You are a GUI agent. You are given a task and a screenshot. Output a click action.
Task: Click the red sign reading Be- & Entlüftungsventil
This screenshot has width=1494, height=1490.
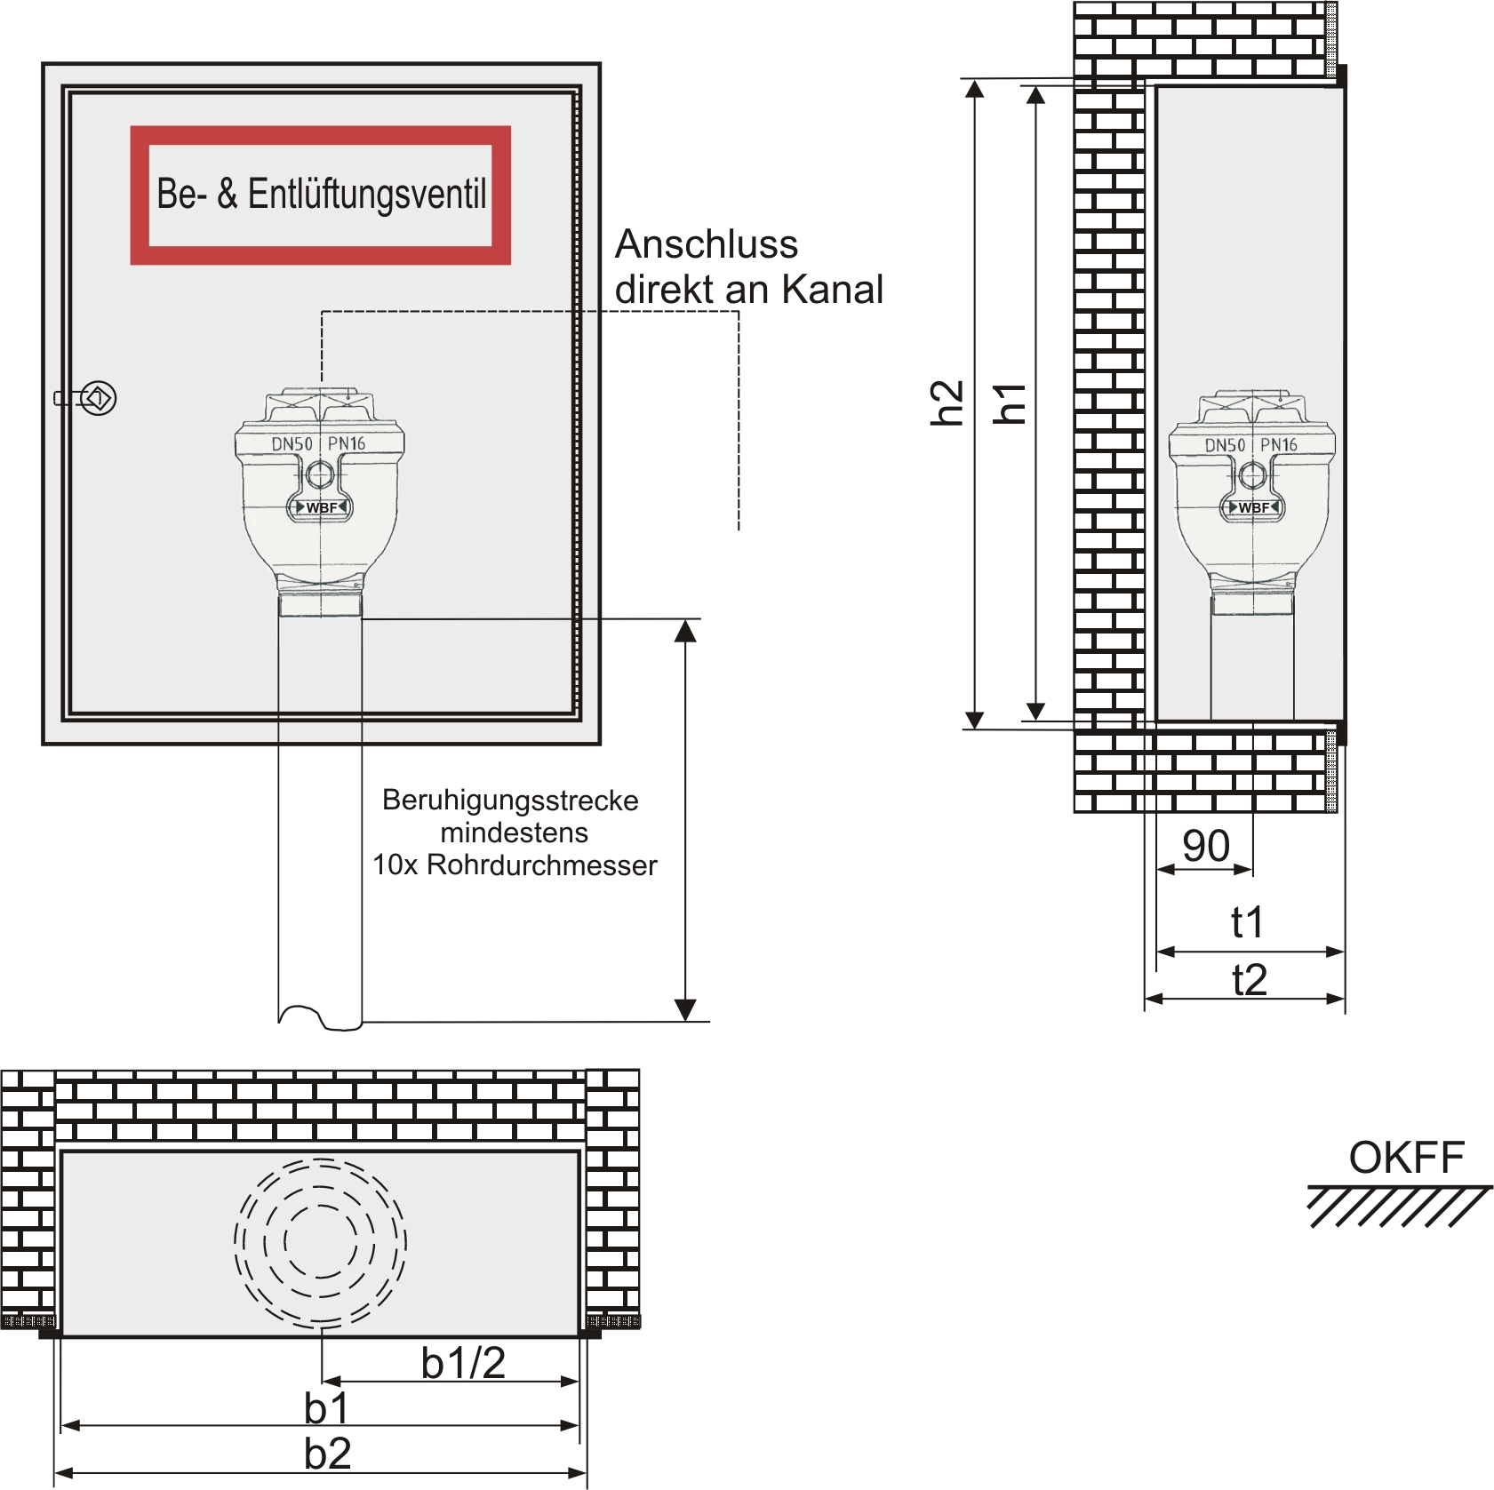(320, 195)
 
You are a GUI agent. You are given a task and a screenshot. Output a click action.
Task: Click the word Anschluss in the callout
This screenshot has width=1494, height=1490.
(707, 244)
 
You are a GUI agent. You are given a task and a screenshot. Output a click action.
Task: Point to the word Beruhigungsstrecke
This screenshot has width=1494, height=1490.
(510, 801)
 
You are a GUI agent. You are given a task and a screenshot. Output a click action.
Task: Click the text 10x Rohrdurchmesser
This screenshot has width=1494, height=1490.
(515, 865)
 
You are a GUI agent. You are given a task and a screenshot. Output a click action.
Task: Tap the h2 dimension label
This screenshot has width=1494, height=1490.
(947, 402)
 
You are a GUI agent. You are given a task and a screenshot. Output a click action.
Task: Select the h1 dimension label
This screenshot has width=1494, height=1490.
(1011, 403)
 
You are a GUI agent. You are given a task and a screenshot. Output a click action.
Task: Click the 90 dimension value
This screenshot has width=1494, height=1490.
(1206, 846)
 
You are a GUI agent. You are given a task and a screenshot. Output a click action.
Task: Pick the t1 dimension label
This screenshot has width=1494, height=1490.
(1248, 922)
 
